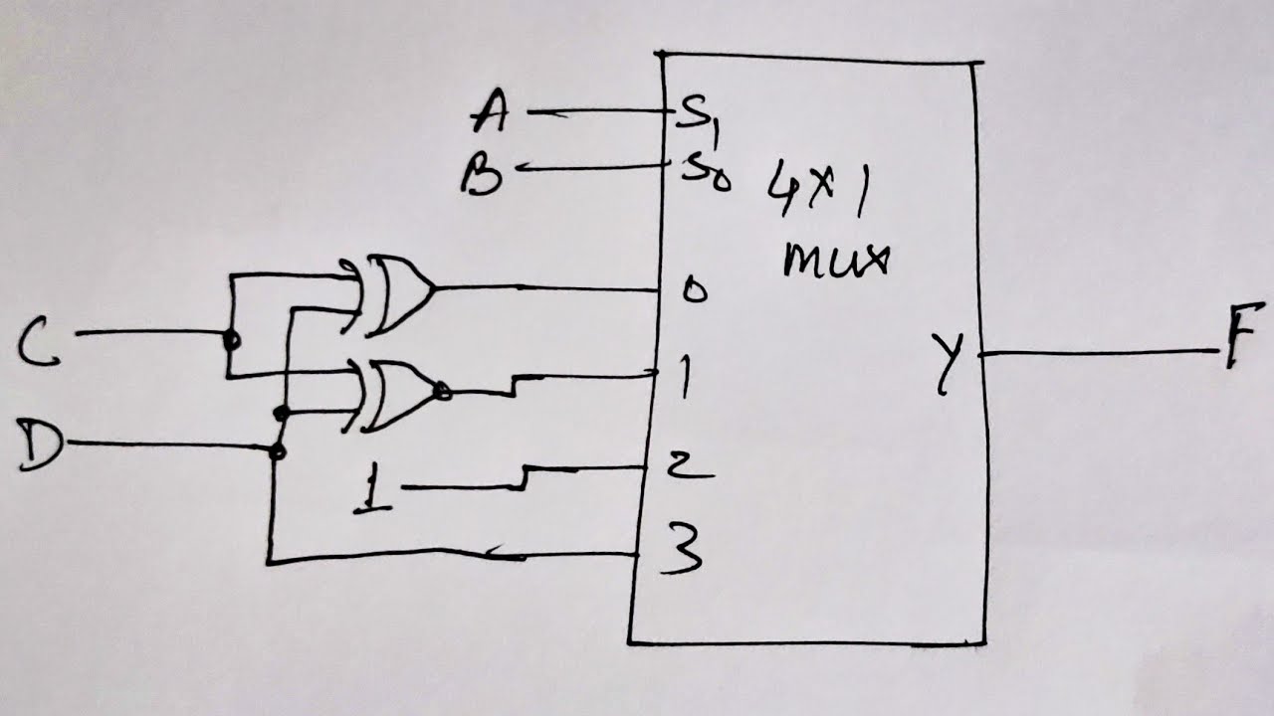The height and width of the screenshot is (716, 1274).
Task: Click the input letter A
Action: [x=491, y=111]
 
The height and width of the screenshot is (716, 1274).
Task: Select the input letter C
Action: [x=38, y=343]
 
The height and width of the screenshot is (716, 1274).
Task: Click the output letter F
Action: [x=1243, y=336]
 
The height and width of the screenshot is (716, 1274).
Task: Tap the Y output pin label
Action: [x=948, y=363]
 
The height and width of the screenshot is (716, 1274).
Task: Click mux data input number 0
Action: [x=694, y=290]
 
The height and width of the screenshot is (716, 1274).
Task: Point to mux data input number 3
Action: [x=682, y=549]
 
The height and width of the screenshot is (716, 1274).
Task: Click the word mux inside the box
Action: [x=835, y=261]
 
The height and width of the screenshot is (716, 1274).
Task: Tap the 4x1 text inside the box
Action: [x=819, y=194]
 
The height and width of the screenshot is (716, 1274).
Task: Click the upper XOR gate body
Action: [x=398, y=294]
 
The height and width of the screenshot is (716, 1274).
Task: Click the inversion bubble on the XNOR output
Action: [x=443, y=391]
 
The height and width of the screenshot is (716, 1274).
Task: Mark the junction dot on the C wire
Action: [x=230, y=340]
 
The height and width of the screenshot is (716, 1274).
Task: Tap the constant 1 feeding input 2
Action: [x=372, y=487]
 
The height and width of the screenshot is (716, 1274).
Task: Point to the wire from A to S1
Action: [x=598, y=112]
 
